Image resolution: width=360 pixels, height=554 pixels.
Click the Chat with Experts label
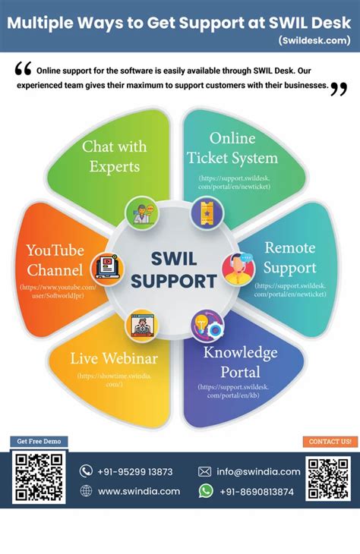[115, 156]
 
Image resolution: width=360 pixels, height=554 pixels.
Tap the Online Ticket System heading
[232, 148]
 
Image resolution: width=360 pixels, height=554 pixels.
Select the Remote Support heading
[290, 257]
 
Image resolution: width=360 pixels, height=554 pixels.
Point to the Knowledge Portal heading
[240, 362]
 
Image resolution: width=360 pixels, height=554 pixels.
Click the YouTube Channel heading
[54, 260]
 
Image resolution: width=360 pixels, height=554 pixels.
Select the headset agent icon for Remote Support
[236, 268]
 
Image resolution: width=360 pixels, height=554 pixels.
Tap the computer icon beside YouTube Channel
[106, 268]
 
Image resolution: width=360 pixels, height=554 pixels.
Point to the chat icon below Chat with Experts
[141, 212]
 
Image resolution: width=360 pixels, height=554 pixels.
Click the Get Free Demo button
[39, 441]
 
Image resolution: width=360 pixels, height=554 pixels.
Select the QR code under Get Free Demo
[39, 478]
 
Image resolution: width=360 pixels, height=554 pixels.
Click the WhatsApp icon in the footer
[206, 491]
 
